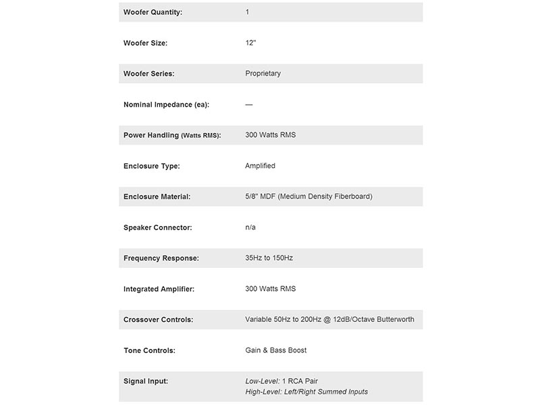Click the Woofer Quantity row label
click(153, 12)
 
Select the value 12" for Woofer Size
click(251, 43)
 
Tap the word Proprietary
click(263, 74)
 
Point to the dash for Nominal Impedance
click(249, 105)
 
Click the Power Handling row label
click(172, 135)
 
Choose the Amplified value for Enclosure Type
click(260, 165)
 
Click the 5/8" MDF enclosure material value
click(308, 196)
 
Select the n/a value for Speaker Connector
click(250, 227)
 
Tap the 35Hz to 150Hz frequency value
click(269, 258)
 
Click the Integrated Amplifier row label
click(159, 289)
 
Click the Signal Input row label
click(146, 381)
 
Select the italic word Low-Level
click(262, 381)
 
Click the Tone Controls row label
click(149, 350)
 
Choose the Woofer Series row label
click(148, 74)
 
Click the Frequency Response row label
click(161, 258)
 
